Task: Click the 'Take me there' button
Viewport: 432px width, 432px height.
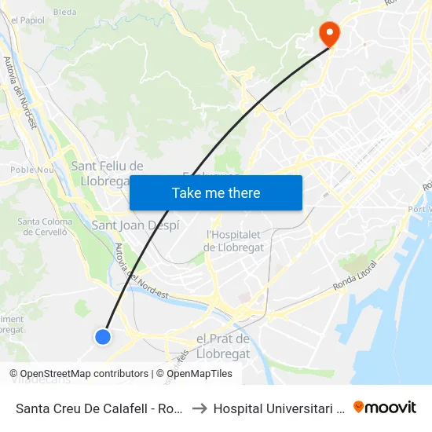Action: pyautogui.click(x=216, y=192)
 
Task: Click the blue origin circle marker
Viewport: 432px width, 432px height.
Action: pyautogui.click(x=103, y=336)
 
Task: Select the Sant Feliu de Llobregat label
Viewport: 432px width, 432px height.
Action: pyautogui.click(x=107, y=174)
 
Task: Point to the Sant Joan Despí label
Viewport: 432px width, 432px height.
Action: pyautogui.click(x=136, y=225)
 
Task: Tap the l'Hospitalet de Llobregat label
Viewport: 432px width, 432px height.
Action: pyautogui.click(x=235, y=240)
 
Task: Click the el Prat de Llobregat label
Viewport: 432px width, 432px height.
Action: pyautogui.click(x=222, y=346)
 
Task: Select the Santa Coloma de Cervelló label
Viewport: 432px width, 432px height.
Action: pyautogui.click(x=45, y=227)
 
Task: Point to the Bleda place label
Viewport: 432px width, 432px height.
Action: pyautogui.click(x=65, y=13)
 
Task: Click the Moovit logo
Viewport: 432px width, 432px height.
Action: pyautogui.click(x=385, y=407)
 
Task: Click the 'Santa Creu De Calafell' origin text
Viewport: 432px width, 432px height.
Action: pyautogui.click(x=100, y=408)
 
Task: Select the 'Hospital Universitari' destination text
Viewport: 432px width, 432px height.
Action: pyautogui.click(x=279, y=408)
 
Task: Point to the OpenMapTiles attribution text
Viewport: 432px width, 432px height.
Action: pyautogui.click(x=199, y=374)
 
